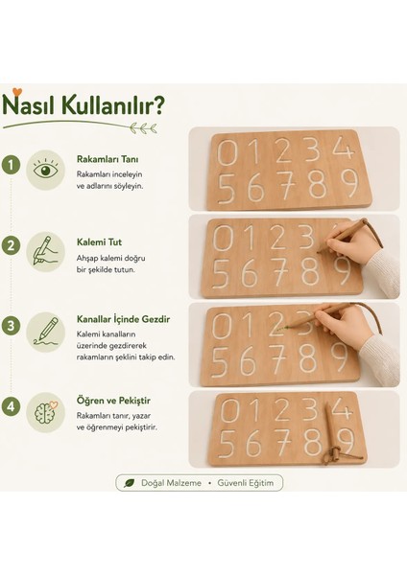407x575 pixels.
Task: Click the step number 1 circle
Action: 11,165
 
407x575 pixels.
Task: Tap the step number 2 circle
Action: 11,245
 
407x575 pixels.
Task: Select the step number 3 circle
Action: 11,326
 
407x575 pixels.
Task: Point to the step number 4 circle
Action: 11,406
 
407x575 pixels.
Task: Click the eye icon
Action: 45,170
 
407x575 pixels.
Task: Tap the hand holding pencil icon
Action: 45,251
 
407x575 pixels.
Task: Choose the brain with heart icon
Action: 46,412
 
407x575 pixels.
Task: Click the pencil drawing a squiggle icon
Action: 46,332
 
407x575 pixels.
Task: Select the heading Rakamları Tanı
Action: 108,159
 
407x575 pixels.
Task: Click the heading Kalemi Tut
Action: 99,242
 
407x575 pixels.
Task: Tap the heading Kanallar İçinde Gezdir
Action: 123,319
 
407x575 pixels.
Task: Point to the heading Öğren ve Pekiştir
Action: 113,401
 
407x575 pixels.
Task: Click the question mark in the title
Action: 158,104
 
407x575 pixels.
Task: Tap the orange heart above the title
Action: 17,92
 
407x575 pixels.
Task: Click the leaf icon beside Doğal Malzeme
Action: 129,483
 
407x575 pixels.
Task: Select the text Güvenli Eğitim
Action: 246,483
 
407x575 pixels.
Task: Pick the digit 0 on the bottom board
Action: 229,410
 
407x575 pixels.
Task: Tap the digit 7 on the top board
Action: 286,186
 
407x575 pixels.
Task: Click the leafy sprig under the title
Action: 144,128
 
